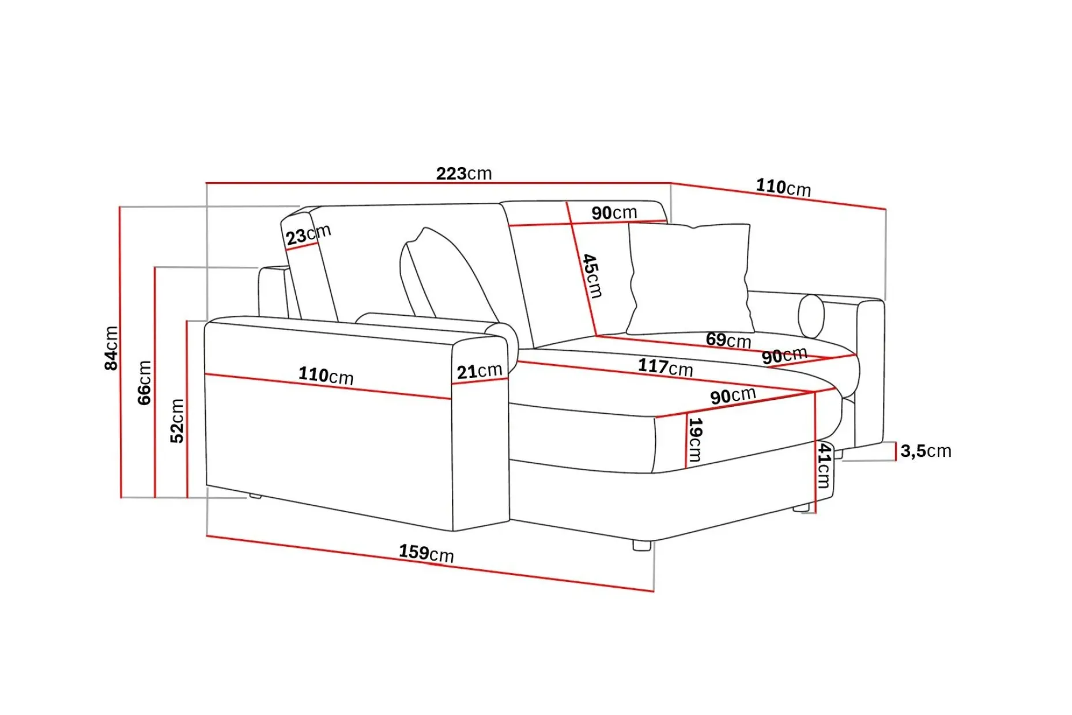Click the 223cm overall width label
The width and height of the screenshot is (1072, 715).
point(464,173)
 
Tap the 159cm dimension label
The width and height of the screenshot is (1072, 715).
point(426,553)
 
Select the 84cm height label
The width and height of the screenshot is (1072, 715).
point(111,348)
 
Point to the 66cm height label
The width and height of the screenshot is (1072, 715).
point(144,383)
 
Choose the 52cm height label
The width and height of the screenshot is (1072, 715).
point(177,421)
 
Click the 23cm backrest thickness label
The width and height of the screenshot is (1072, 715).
point(308,234)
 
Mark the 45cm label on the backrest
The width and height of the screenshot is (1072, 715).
point(592,276)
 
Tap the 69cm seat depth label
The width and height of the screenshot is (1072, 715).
point(728,340)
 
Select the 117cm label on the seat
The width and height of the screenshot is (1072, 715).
point(665,367)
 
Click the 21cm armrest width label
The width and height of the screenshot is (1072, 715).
point(480,372)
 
